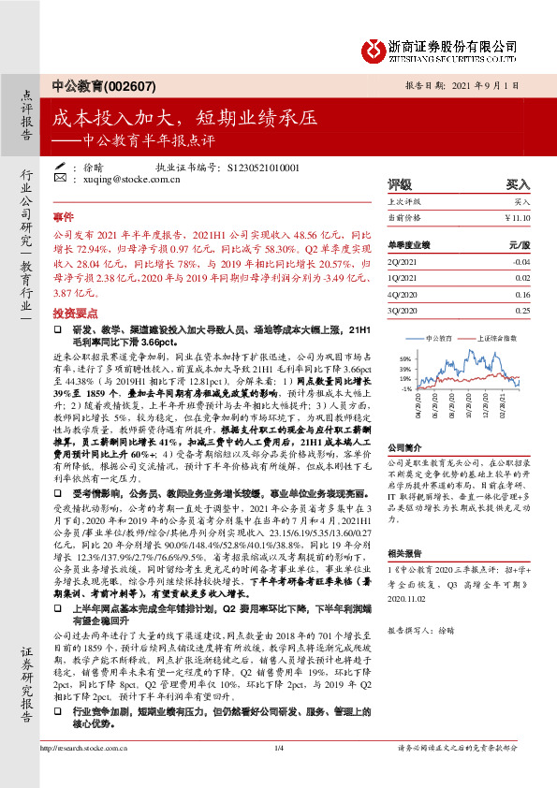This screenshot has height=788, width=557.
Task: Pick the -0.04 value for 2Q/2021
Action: point(520,263)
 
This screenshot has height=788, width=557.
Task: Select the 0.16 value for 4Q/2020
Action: point(521,294)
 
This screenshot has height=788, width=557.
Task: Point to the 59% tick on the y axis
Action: point(405,358)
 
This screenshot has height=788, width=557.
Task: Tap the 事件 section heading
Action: point(64,215)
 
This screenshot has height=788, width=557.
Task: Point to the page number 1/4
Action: point(278,773)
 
